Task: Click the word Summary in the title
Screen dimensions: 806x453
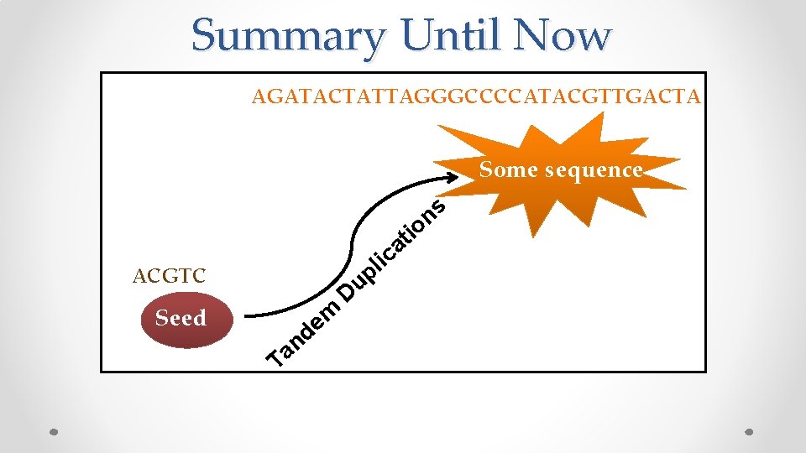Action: [x=288, y=35]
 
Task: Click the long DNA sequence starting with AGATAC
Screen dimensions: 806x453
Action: [x=476, y=97]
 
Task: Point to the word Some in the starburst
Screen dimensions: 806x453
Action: [x=509, y=169]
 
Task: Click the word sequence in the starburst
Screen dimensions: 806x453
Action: [x=594, y=169]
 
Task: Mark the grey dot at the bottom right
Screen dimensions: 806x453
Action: [x=749, y=433]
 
